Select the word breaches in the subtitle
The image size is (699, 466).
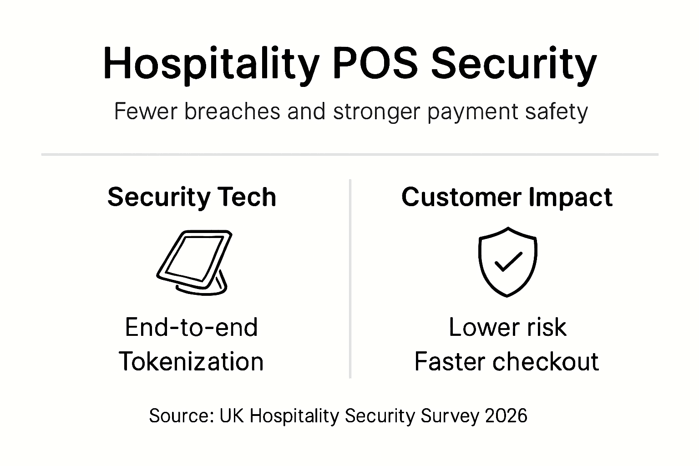(x=232, y=111)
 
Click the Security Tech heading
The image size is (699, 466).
(x=192, y=197)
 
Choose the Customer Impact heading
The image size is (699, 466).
(x=507, y=197)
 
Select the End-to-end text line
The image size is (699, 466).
(x=192, y=327)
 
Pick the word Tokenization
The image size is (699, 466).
(x=192, y=362)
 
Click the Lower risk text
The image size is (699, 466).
(x=507, y=327)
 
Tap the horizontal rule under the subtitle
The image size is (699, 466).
(x=349, y=155)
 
